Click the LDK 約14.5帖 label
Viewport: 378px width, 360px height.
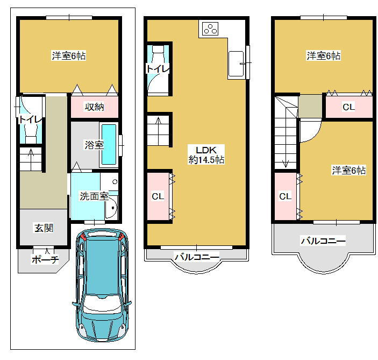tap(206, 155)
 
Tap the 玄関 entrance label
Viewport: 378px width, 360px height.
tap(44, 228)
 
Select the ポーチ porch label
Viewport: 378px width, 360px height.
tap(45, 259)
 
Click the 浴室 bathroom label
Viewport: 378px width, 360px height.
tap(94, 145)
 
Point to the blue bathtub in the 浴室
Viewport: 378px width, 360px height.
tap(109, 144)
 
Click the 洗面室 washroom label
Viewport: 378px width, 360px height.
tap(94, 196)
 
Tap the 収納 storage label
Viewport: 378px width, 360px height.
tap(94, 107)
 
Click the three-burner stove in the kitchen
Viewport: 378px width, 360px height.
tap(210, 29)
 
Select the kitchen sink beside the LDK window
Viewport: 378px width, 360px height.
tap(236, 63)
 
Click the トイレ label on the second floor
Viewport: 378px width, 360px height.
tap(158, 69)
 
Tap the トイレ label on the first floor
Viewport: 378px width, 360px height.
tap(30, 119)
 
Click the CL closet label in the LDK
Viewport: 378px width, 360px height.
tap(158, 196)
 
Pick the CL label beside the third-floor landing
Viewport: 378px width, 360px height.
tap(348, 107)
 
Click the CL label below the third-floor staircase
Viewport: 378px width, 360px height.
tap(285, 196)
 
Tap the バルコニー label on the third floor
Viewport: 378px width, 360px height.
tap(323, 241)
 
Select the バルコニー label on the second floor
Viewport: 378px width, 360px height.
tap(197, 257)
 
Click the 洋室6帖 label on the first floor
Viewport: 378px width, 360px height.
tap(69, 56)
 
